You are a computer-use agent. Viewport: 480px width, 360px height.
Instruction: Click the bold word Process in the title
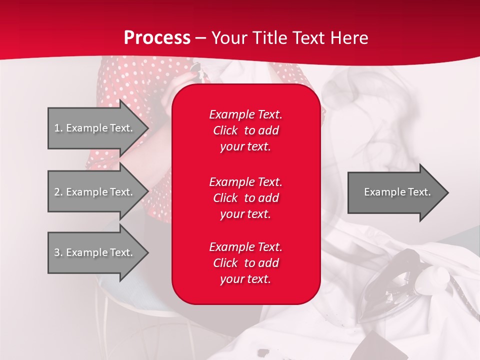tap(157, 38)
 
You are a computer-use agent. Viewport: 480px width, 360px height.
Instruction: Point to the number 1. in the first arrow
tap(58, 128)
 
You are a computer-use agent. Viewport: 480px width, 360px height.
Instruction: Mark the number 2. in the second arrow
tap(58, 192)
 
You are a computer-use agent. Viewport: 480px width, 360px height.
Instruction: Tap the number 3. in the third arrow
tap(58, 252)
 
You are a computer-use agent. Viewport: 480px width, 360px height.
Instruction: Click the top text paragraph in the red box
tap(245, 130)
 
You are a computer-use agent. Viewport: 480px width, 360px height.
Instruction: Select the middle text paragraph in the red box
tap(245, 198)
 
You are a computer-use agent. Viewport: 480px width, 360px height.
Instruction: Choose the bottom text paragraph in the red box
tap(245, 263)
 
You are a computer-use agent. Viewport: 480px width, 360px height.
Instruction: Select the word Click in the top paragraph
tap(225, 130)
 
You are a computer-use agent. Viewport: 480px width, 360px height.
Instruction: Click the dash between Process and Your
tap(200, 38)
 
